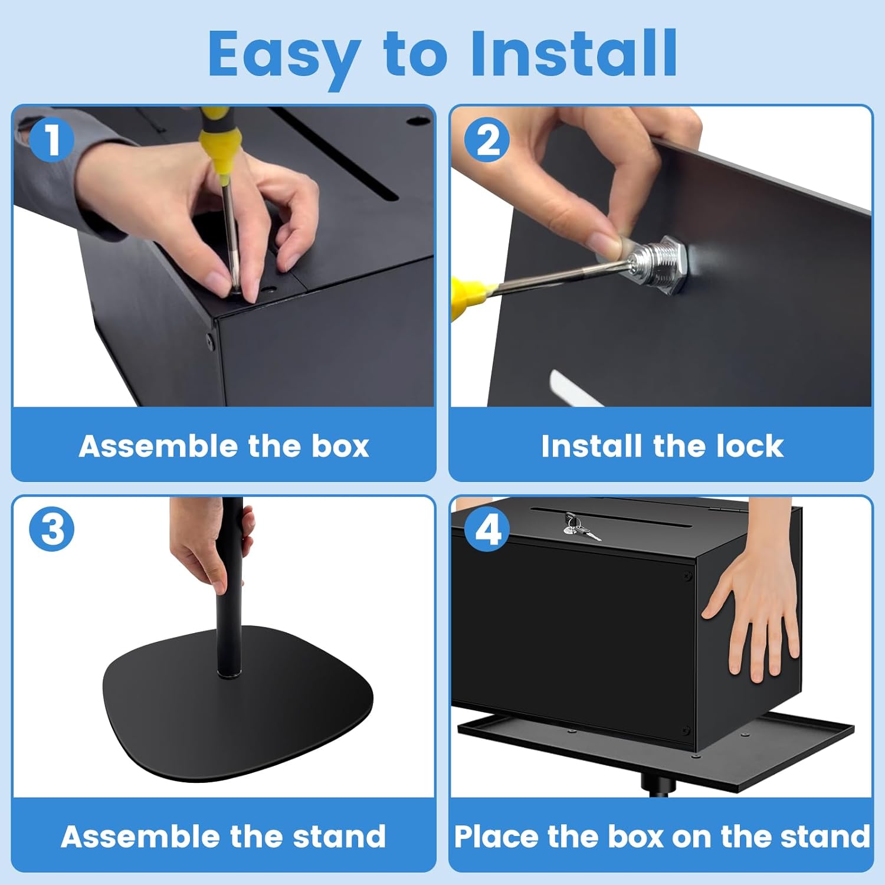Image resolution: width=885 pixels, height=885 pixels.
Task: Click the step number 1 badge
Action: pos(52,140)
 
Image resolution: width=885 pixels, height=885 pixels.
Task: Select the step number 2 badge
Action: pos(487,140)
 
